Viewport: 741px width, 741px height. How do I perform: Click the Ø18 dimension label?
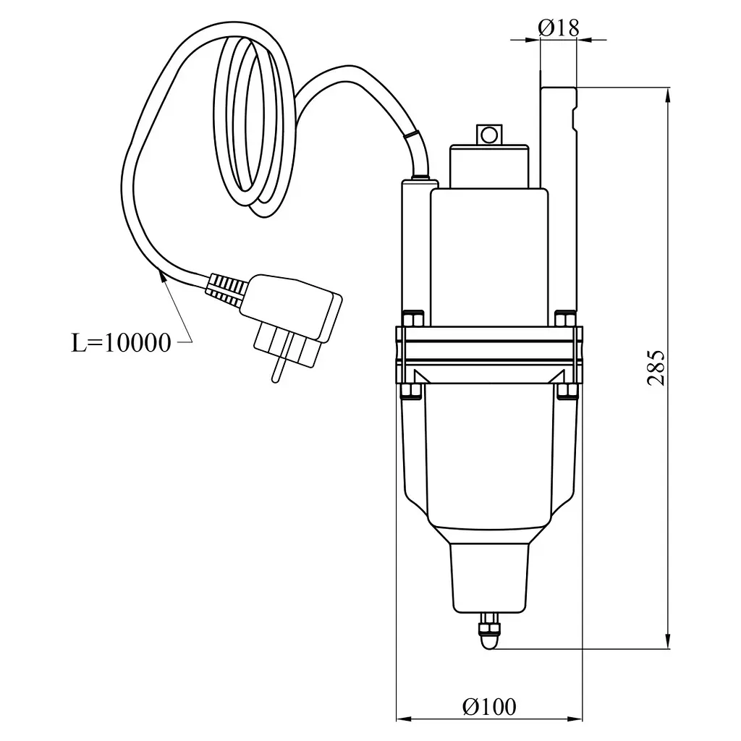pos(558,28)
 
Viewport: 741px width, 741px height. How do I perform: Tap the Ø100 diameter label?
pos(489,707)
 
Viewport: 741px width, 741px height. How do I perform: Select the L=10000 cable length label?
pos(121,342)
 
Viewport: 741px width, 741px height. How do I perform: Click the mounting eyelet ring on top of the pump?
pos(489,135)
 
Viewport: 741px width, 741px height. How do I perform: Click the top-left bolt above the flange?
pos(412,318)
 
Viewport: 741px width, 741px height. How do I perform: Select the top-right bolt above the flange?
pos(564,318)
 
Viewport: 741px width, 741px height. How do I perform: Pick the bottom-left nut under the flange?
pos(411,391)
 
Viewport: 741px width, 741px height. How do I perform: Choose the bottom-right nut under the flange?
pos(566,391)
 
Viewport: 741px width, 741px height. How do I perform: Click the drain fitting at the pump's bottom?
pos(490,630)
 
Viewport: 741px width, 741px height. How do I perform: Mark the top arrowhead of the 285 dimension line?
pos(668,95)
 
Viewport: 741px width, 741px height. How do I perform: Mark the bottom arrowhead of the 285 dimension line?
pos(668,642)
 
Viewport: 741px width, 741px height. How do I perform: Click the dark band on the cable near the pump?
pos(411,135)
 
